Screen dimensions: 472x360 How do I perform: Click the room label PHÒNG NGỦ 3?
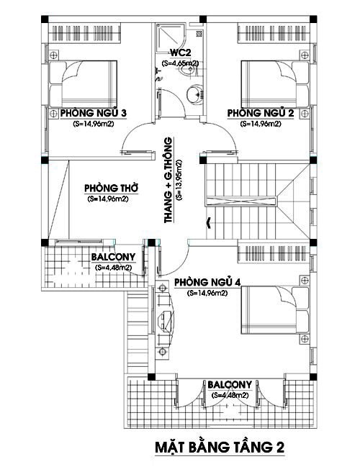[94, 113]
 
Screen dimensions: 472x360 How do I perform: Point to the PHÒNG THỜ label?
[111, 188]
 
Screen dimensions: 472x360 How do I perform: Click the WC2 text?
[179, 53]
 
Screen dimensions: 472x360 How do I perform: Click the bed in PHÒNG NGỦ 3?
[83, 83]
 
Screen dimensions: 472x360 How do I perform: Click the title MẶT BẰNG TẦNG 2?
[220, 447]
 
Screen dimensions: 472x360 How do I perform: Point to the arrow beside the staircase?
[209, 222]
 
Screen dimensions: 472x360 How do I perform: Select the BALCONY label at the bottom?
[230, 384]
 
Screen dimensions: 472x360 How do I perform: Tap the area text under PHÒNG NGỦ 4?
[207, 294]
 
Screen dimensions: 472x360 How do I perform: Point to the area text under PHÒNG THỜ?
[107, 199]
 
